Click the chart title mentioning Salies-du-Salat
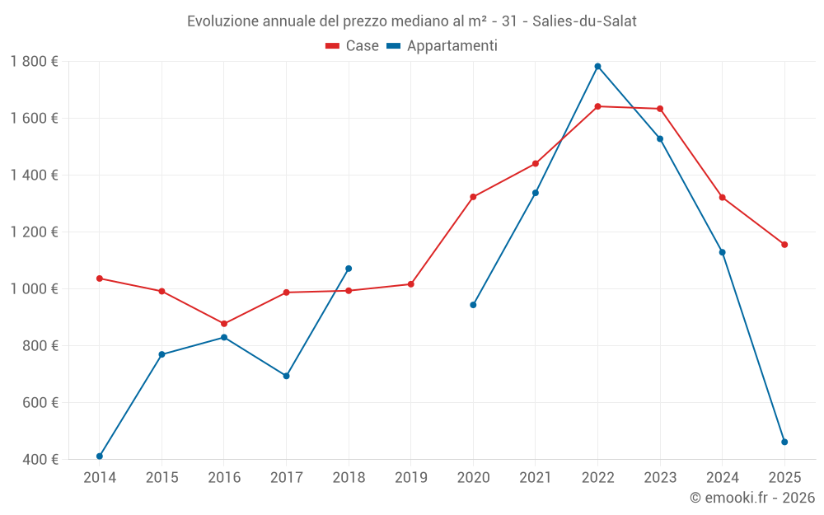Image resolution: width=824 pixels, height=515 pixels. pos(411,21)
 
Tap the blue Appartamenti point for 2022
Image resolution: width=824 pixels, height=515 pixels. pos(597,67)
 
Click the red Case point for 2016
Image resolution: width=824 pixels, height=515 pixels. pos(224,324)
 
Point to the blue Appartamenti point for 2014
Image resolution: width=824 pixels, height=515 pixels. pos(100,456)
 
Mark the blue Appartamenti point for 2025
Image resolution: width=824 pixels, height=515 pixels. pos(784,442)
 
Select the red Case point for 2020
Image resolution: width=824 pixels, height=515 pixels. pos(473,197)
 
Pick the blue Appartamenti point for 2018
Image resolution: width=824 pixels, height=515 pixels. pos(349,269)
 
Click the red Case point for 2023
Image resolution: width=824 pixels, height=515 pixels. pos(660,109)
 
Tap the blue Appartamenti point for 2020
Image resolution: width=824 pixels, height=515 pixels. pos(473,305)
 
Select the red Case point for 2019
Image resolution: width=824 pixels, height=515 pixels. pos(410,284)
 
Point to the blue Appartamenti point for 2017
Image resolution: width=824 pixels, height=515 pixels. pos(286,376)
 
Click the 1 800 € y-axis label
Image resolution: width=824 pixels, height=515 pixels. pos(35,61)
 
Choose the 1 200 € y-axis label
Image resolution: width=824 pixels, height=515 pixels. pos(35,232)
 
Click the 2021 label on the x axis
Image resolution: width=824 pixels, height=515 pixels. pos(535,477)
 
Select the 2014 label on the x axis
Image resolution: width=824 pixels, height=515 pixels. pos(100,477)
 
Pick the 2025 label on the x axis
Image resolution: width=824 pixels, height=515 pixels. pos(784,477)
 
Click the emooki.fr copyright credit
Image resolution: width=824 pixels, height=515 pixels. pos(752,498)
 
